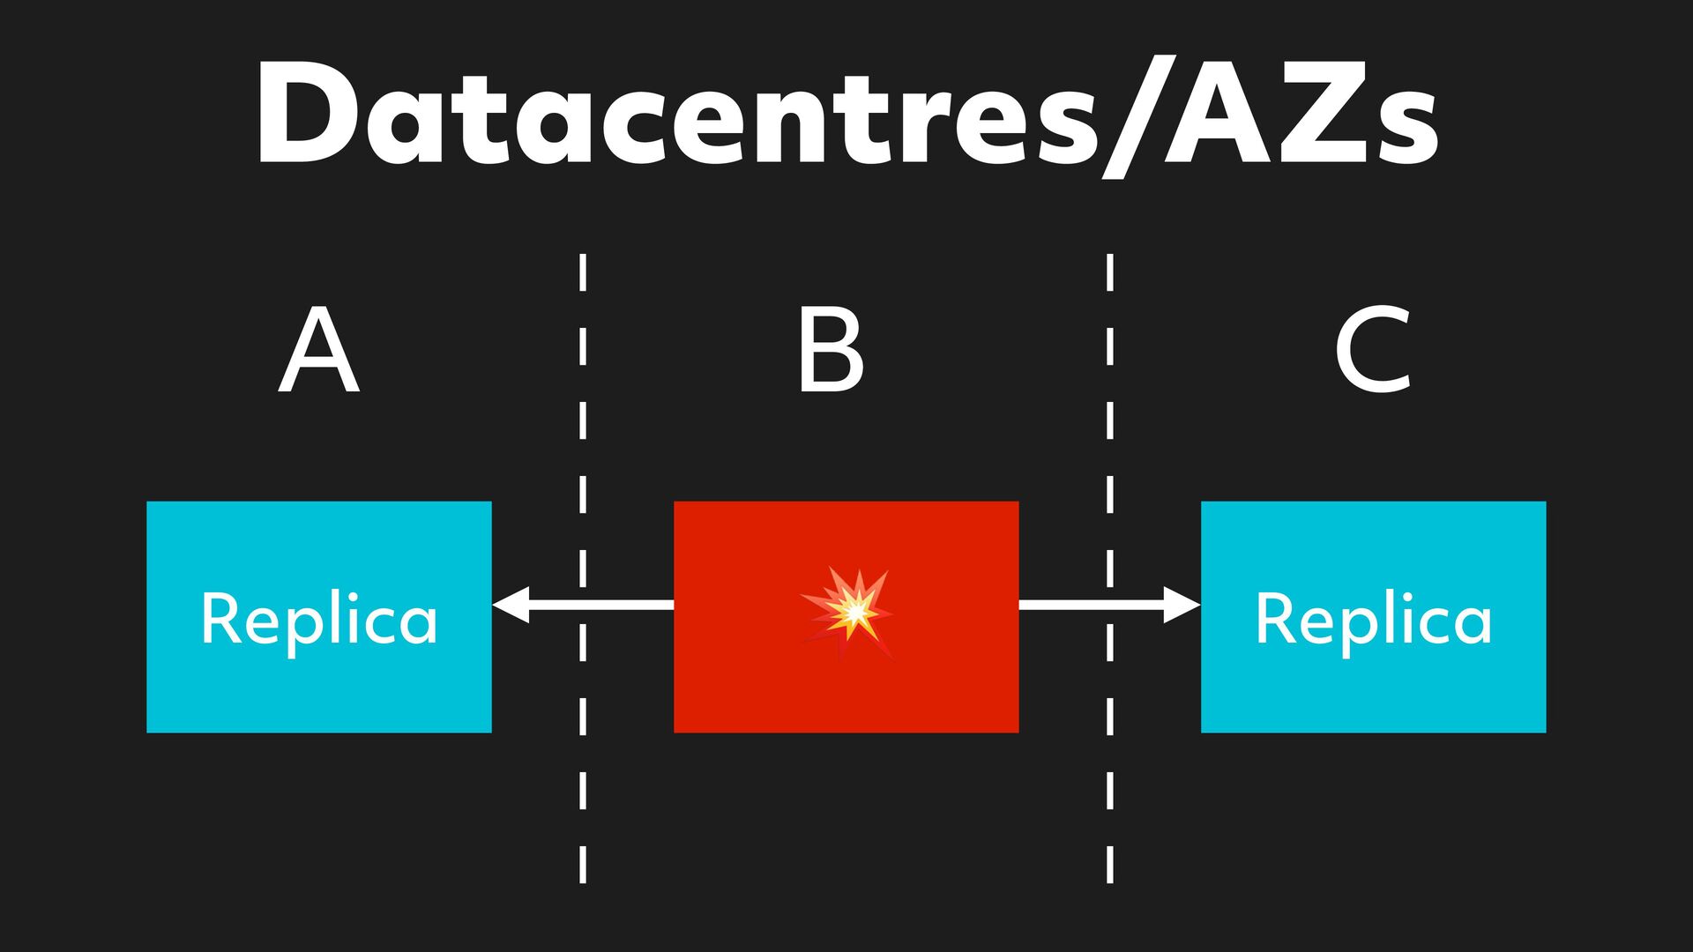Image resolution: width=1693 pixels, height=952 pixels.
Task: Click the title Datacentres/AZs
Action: tap(846, 115)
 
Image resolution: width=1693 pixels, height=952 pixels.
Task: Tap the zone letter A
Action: tap(319, 350)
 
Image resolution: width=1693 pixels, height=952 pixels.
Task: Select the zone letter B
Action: tap(830, 350)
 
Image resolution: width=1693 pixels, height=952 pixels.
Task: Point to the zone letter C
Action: tap(1373, 350)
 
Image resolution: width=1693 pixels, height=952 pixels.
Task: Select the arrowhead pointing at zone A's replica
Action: tap(511, 605)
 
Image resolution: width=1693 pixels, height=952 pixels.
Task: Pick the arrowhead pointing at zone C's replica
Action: tap(1182, 605)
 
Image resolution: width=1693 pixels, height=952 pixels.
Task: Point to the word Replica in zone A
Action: tap(318, 620)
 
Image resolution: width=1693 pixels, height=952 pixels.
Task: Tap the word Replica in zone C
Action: tap(1373, 620)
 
